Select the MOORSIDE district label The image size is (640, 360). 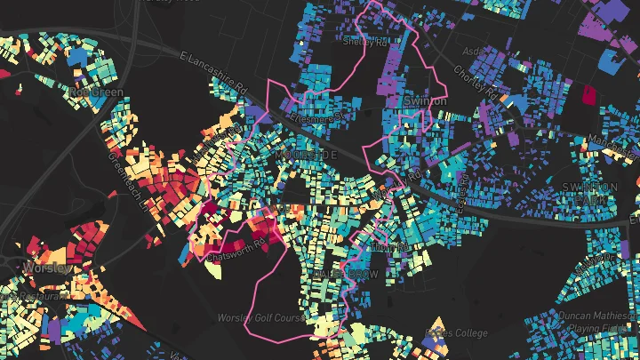pyautogui.click(x=307, y=156)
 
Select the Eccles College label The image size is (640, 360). pyautogui.click(x=457, y=333)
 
